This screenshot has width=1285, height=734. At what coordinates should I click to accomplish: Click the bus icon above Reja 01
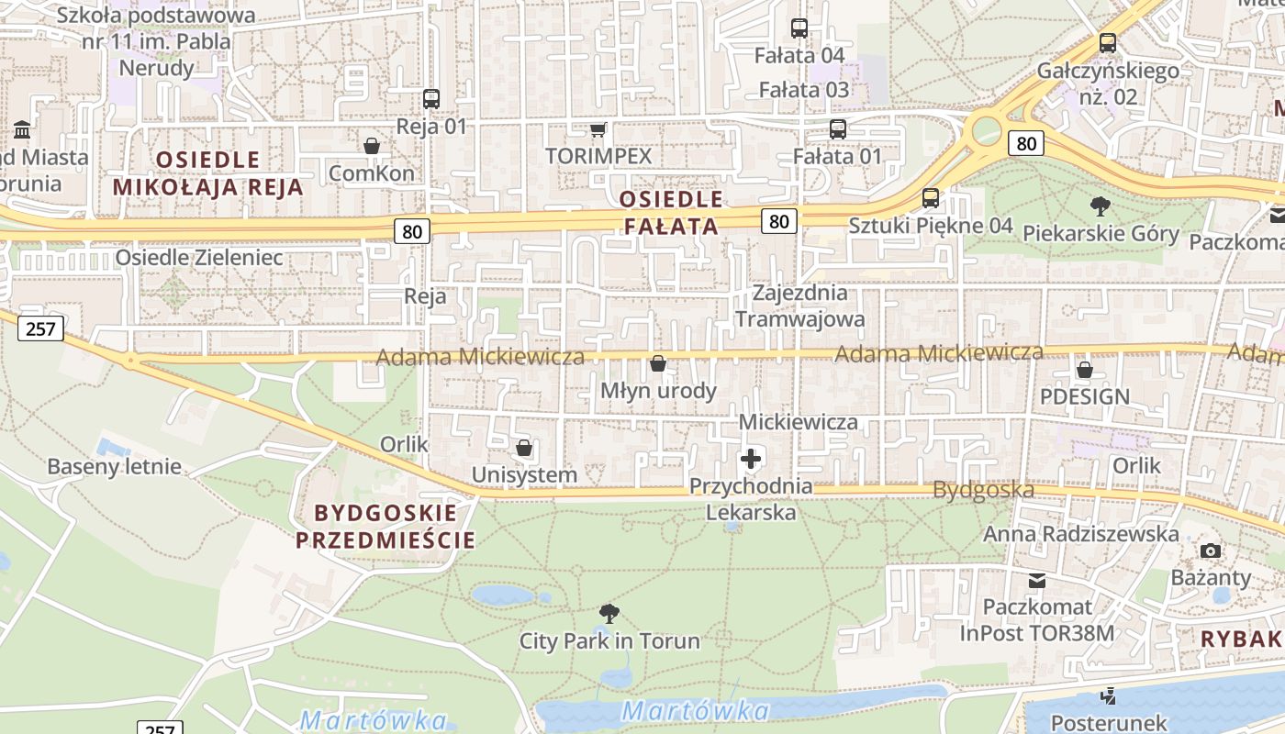[x=431, y=99]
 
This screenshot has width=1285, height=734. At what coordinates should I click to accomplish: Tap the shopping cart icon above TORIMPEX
[x=598, y=130]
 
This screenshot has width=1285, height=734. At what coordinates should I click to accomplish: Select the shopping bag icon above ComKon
[x=372, y=146]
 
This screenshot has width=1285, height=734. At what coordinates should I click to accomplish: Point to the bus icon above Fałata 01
[x=838, y=129]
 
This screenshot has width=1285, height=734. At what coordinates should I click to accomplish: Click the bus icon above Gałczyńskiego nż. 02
[x=1108, y=43]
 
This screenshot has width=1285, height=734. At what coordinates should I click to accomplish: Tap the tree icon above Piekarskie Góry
[x=1100, y=206]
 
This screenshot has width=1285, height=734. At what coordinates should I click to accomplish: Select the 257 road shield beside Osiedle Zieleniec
[x=41, y=328]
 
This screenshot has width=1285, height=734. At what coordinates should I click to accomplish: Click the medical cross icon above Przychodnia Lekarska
[x=751, y=458]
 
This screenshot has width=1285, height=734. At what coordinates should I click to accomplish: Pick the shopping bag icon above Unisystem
[x=524, y=448]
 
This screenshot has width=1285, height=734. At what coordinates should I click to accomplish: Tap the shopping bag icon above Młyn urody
[x=658, y=364]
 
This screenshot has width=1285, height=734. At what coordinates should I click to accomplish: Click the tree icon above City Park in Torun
[x=609, y=614]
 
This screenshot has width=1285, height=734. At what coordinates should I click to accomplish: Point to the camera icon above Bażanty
[x=1211, y=550]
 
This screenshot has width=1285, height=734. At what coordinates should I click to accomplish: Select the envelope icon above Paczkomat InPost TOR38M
[x=1037, y=580]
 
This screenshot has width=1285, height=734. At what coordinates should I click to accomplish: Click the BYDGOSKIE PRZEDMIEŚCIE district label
[x=385, y=526]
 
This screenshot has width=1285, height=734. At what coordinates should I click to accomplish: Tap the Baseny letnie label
[x=115, y=467]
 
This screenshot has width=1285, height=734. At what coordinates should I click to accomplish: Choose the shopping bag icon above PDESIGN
[x=1085, y=370]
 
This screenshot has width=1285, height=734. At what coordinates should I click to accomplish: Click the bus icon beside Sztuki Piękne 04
[x=931, y=198]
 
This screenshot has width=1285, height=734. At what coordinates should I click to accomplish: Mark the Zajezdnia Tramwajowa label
[x=799, y=306]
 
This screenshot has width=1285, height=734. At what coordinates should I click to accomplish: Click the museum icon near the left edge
[x=23, y=129]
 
